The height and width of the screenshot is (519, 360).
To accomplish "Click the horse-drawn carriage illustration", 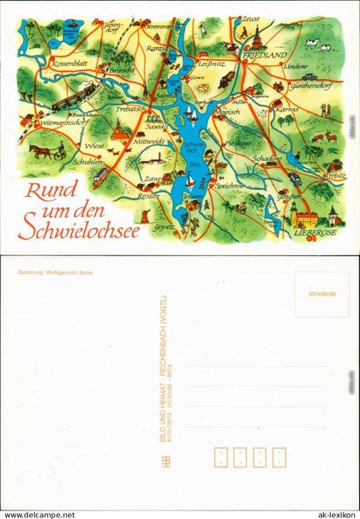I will coord(46,151).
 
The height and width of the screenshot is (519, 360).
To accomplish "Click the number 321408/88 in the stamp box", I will coord(321,292).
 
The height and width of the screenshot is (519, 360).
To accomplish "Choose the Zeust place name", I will coord(251,19).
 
